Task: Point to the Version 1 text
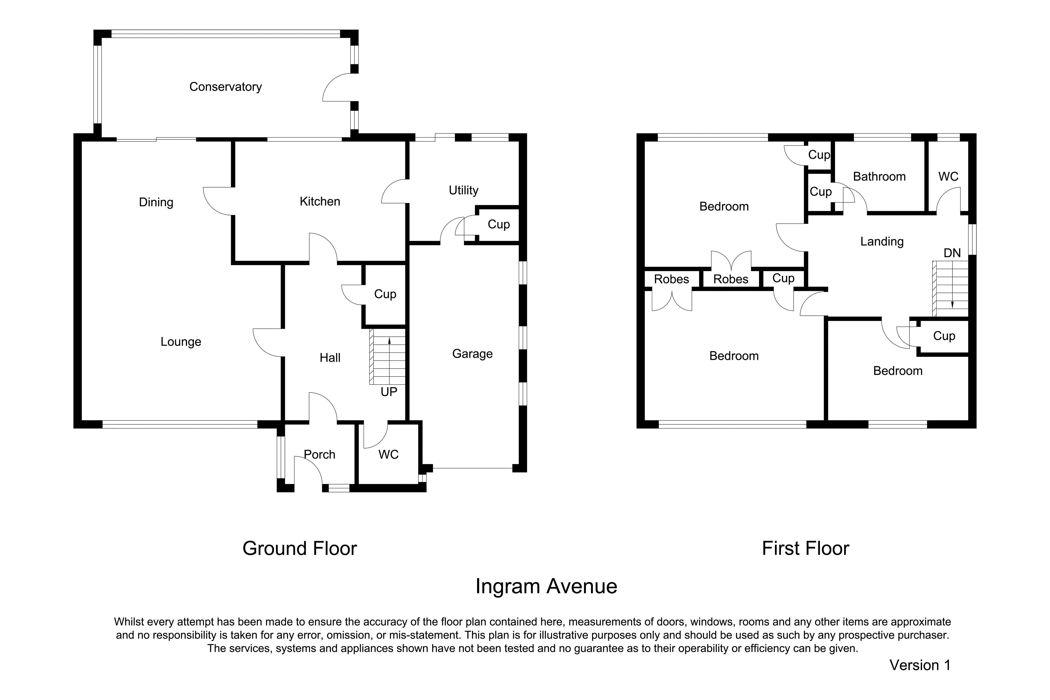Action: (x=920, y=665)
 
